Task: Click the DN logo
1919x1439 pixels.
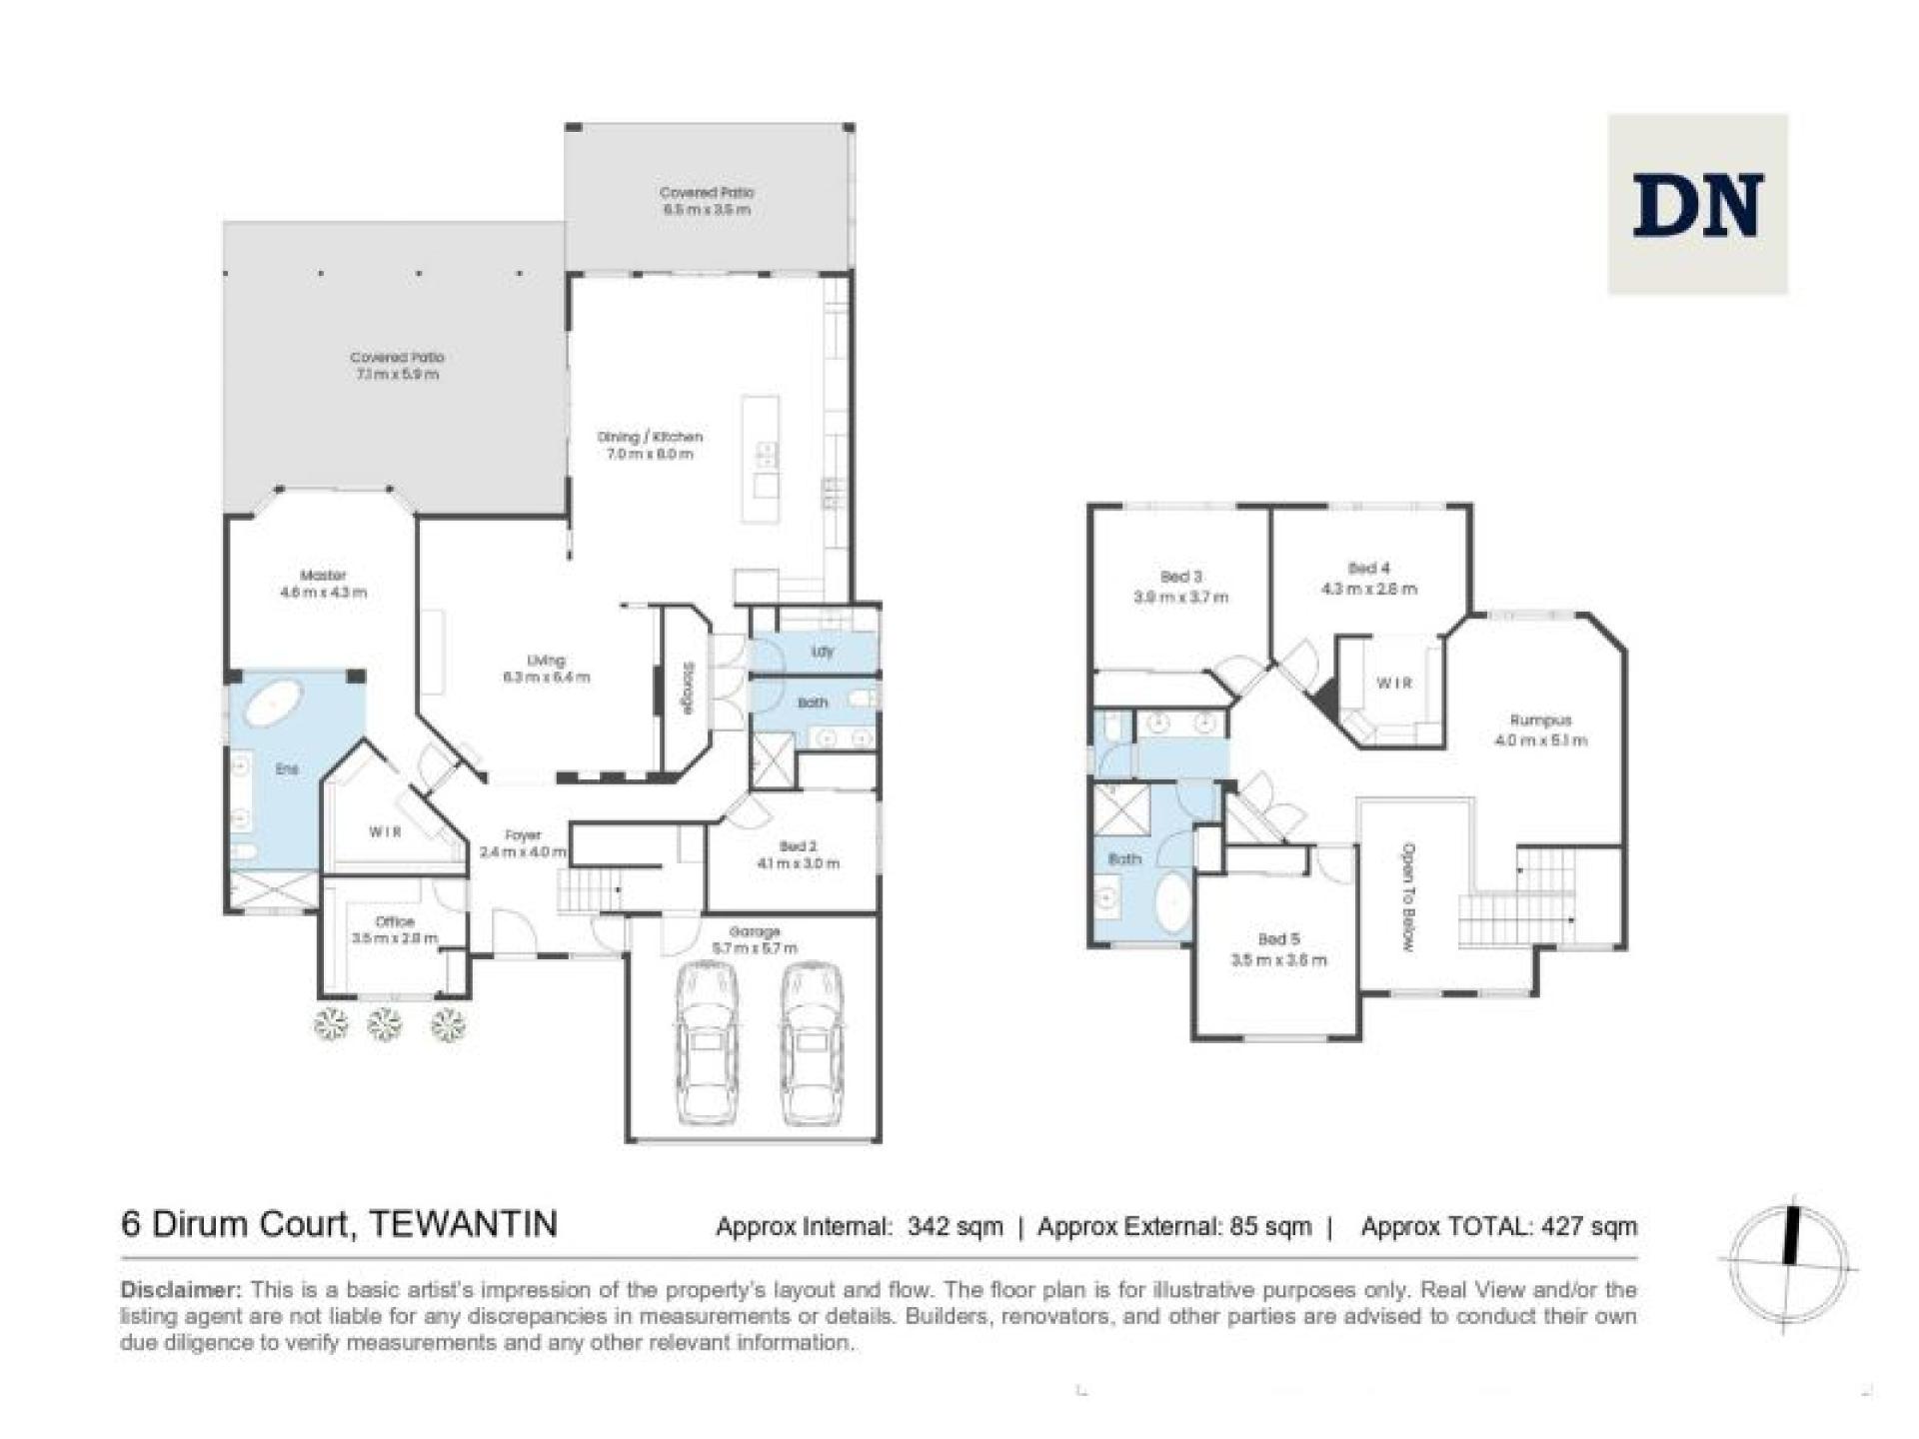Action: click(1696, 205)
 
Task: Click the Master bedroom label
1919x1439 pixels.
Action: click(323, 584)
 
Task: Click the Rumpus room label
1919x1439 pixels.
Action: click(1540, 730)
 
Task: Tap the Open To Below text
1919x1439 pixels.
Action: click(1408, 896)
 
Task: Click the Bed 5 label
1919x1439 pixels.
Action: click(1278, 949)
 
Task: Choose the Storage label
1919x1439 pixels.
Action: click(689, 689)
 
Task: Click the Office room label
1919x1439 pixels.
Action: click(395, 929)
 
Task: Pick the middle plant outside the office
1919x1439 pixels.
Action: click(386, 1023)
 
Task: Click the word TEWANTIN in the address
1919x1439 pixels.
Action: click(463, 1223)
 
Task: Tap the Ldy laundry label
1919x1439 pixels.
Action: click(823, 652)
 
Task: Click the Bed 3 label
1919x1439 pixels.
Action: click(1180, 587)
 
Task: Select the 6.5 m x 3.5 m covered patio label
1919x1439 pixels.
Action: click(707, 201)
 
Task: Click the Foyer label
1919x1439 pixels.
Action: click(523, 843)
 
